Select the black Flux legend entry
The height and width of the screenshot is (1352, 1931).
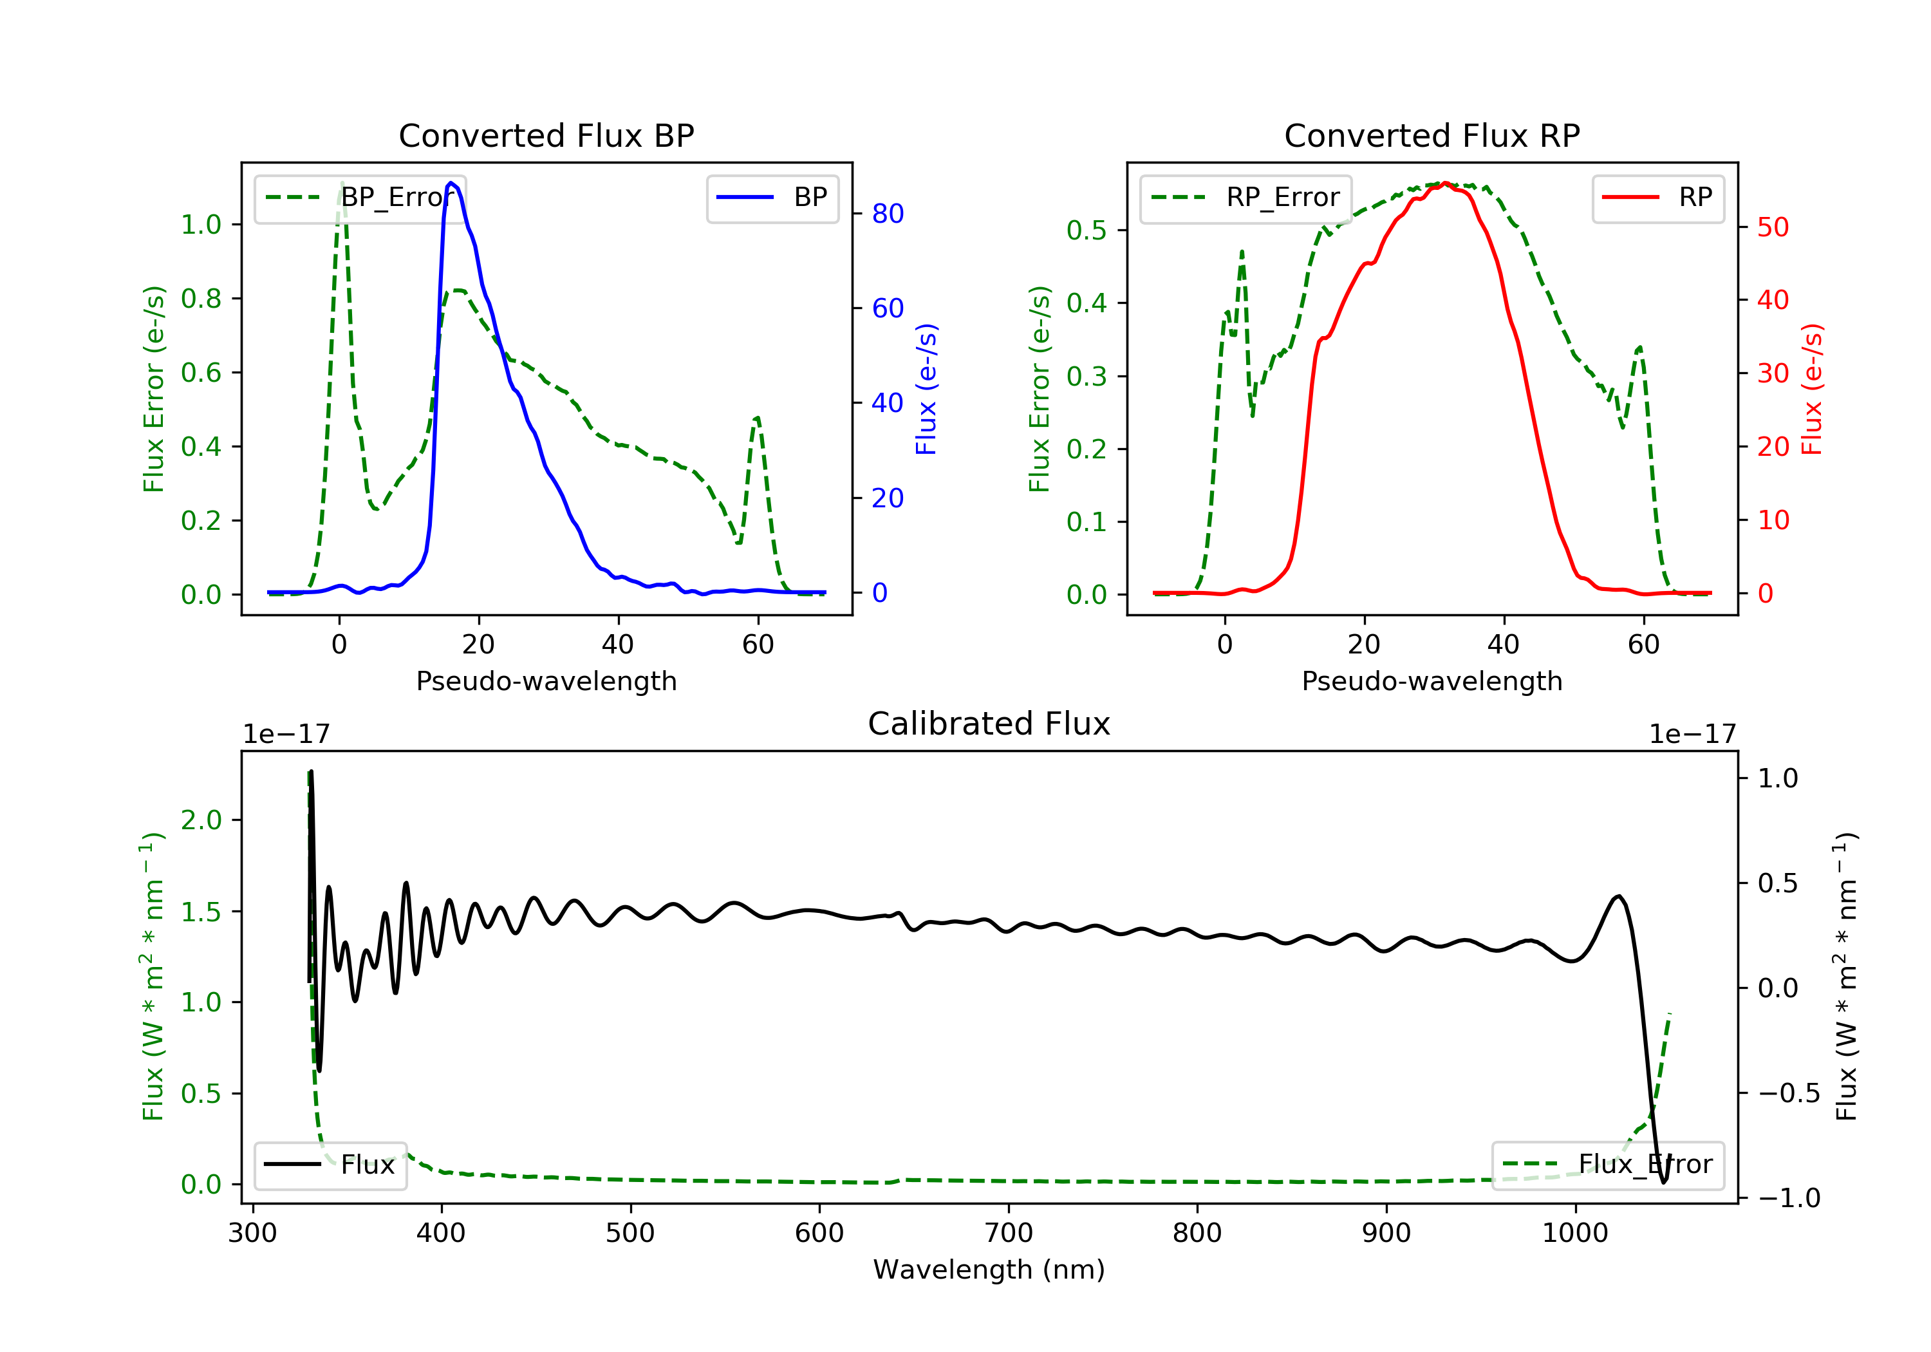tap(331, 1165)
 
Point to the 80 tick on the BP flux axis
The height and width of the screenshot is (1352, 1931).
tap(887, 214)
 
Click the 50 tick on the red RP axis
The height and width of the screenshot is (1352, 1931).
tap(1773, 227)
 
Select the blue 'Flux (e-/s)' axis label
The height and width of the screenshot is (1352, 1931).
tap(926, 389)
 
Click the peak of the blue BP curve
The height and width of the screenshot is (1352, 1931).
tap(452, 183)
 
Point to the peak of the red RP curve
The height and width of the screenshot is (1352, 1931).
tap(1445, 183)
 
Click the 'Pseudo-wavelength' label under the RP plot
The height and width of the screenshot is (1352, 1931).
tap(1432, 681)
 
